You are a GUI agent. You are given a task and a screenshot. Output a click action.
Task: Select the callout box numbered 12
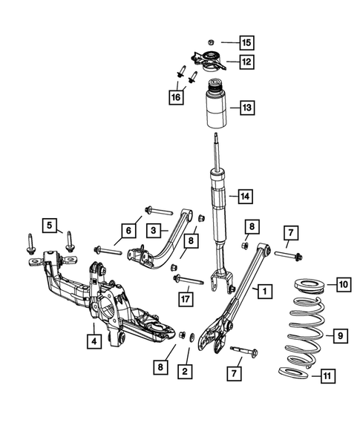tap(246, 62)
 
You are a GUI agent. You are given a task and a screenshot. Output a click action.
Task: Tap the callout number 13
tap(246, 108)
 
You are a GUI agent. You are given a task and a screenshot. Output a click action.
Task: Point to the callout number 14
tap(246, 197)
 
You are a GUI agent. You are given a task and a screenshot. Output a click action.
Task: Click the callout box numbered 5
tap(50, 223)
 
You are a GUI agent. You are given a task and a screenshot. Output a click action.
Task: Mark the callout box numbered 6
tap(128, 231)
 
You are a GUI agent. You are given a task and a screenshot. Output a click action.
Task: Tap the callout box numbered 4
tap(94, 342)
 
